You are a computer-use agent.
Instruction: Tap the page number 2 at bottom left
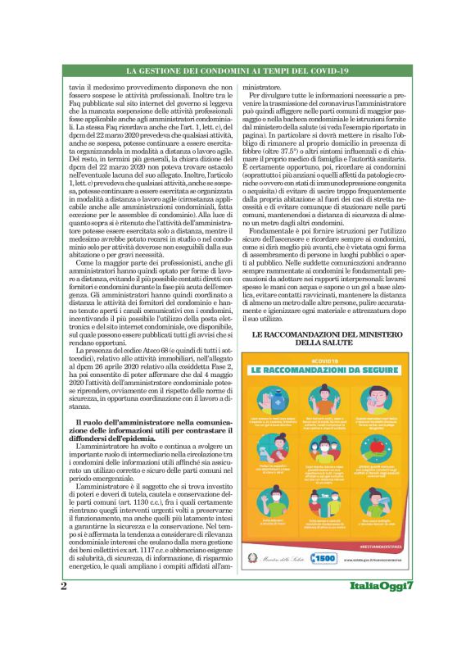63,632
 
